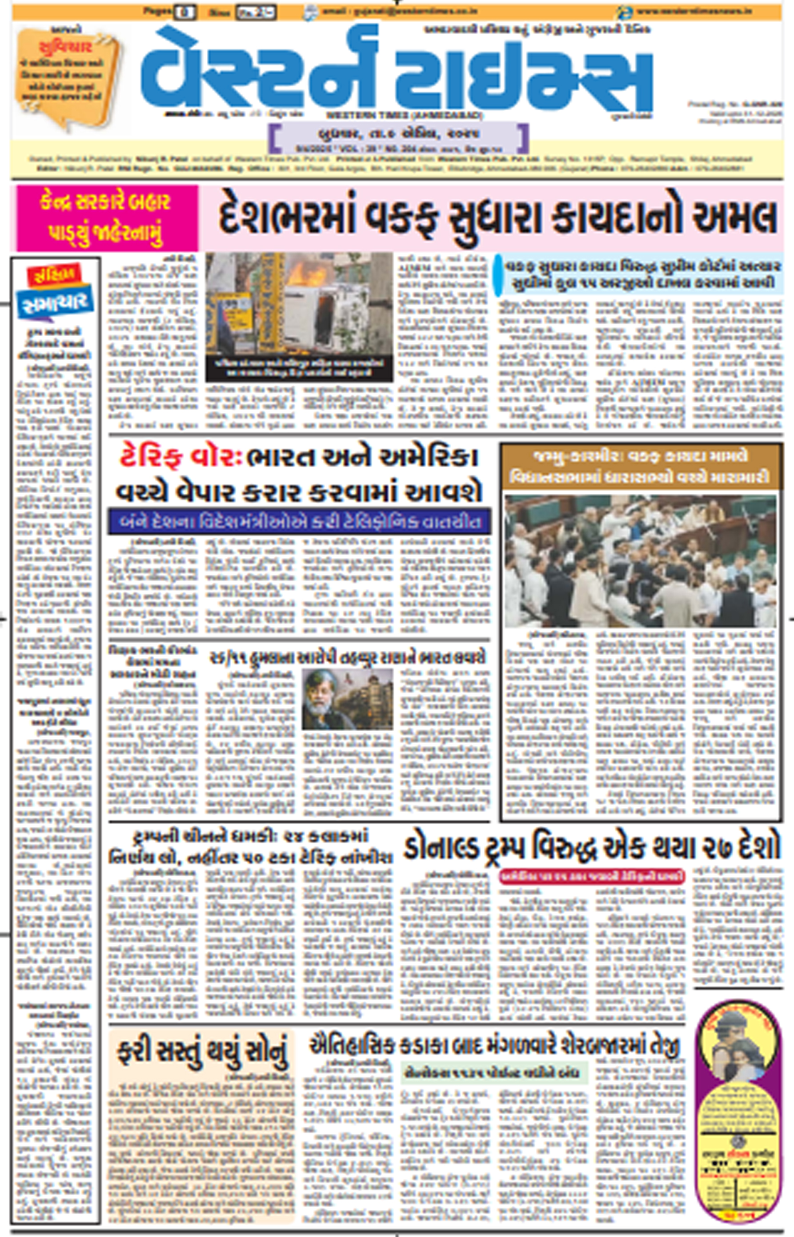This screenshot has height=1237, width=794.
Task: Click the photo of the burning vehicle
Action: (299, 310)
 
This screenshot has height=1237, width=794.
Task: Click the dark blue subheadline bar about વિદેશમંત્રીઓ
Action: (299, 521)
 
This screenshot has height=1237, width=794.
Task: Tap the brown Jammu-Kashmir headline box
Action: (640, 466)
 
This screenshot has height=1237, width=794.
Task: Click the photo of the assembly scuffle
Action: (640, 561)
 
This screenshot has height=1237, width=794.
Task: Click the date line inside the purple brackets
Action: (398, 135)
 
